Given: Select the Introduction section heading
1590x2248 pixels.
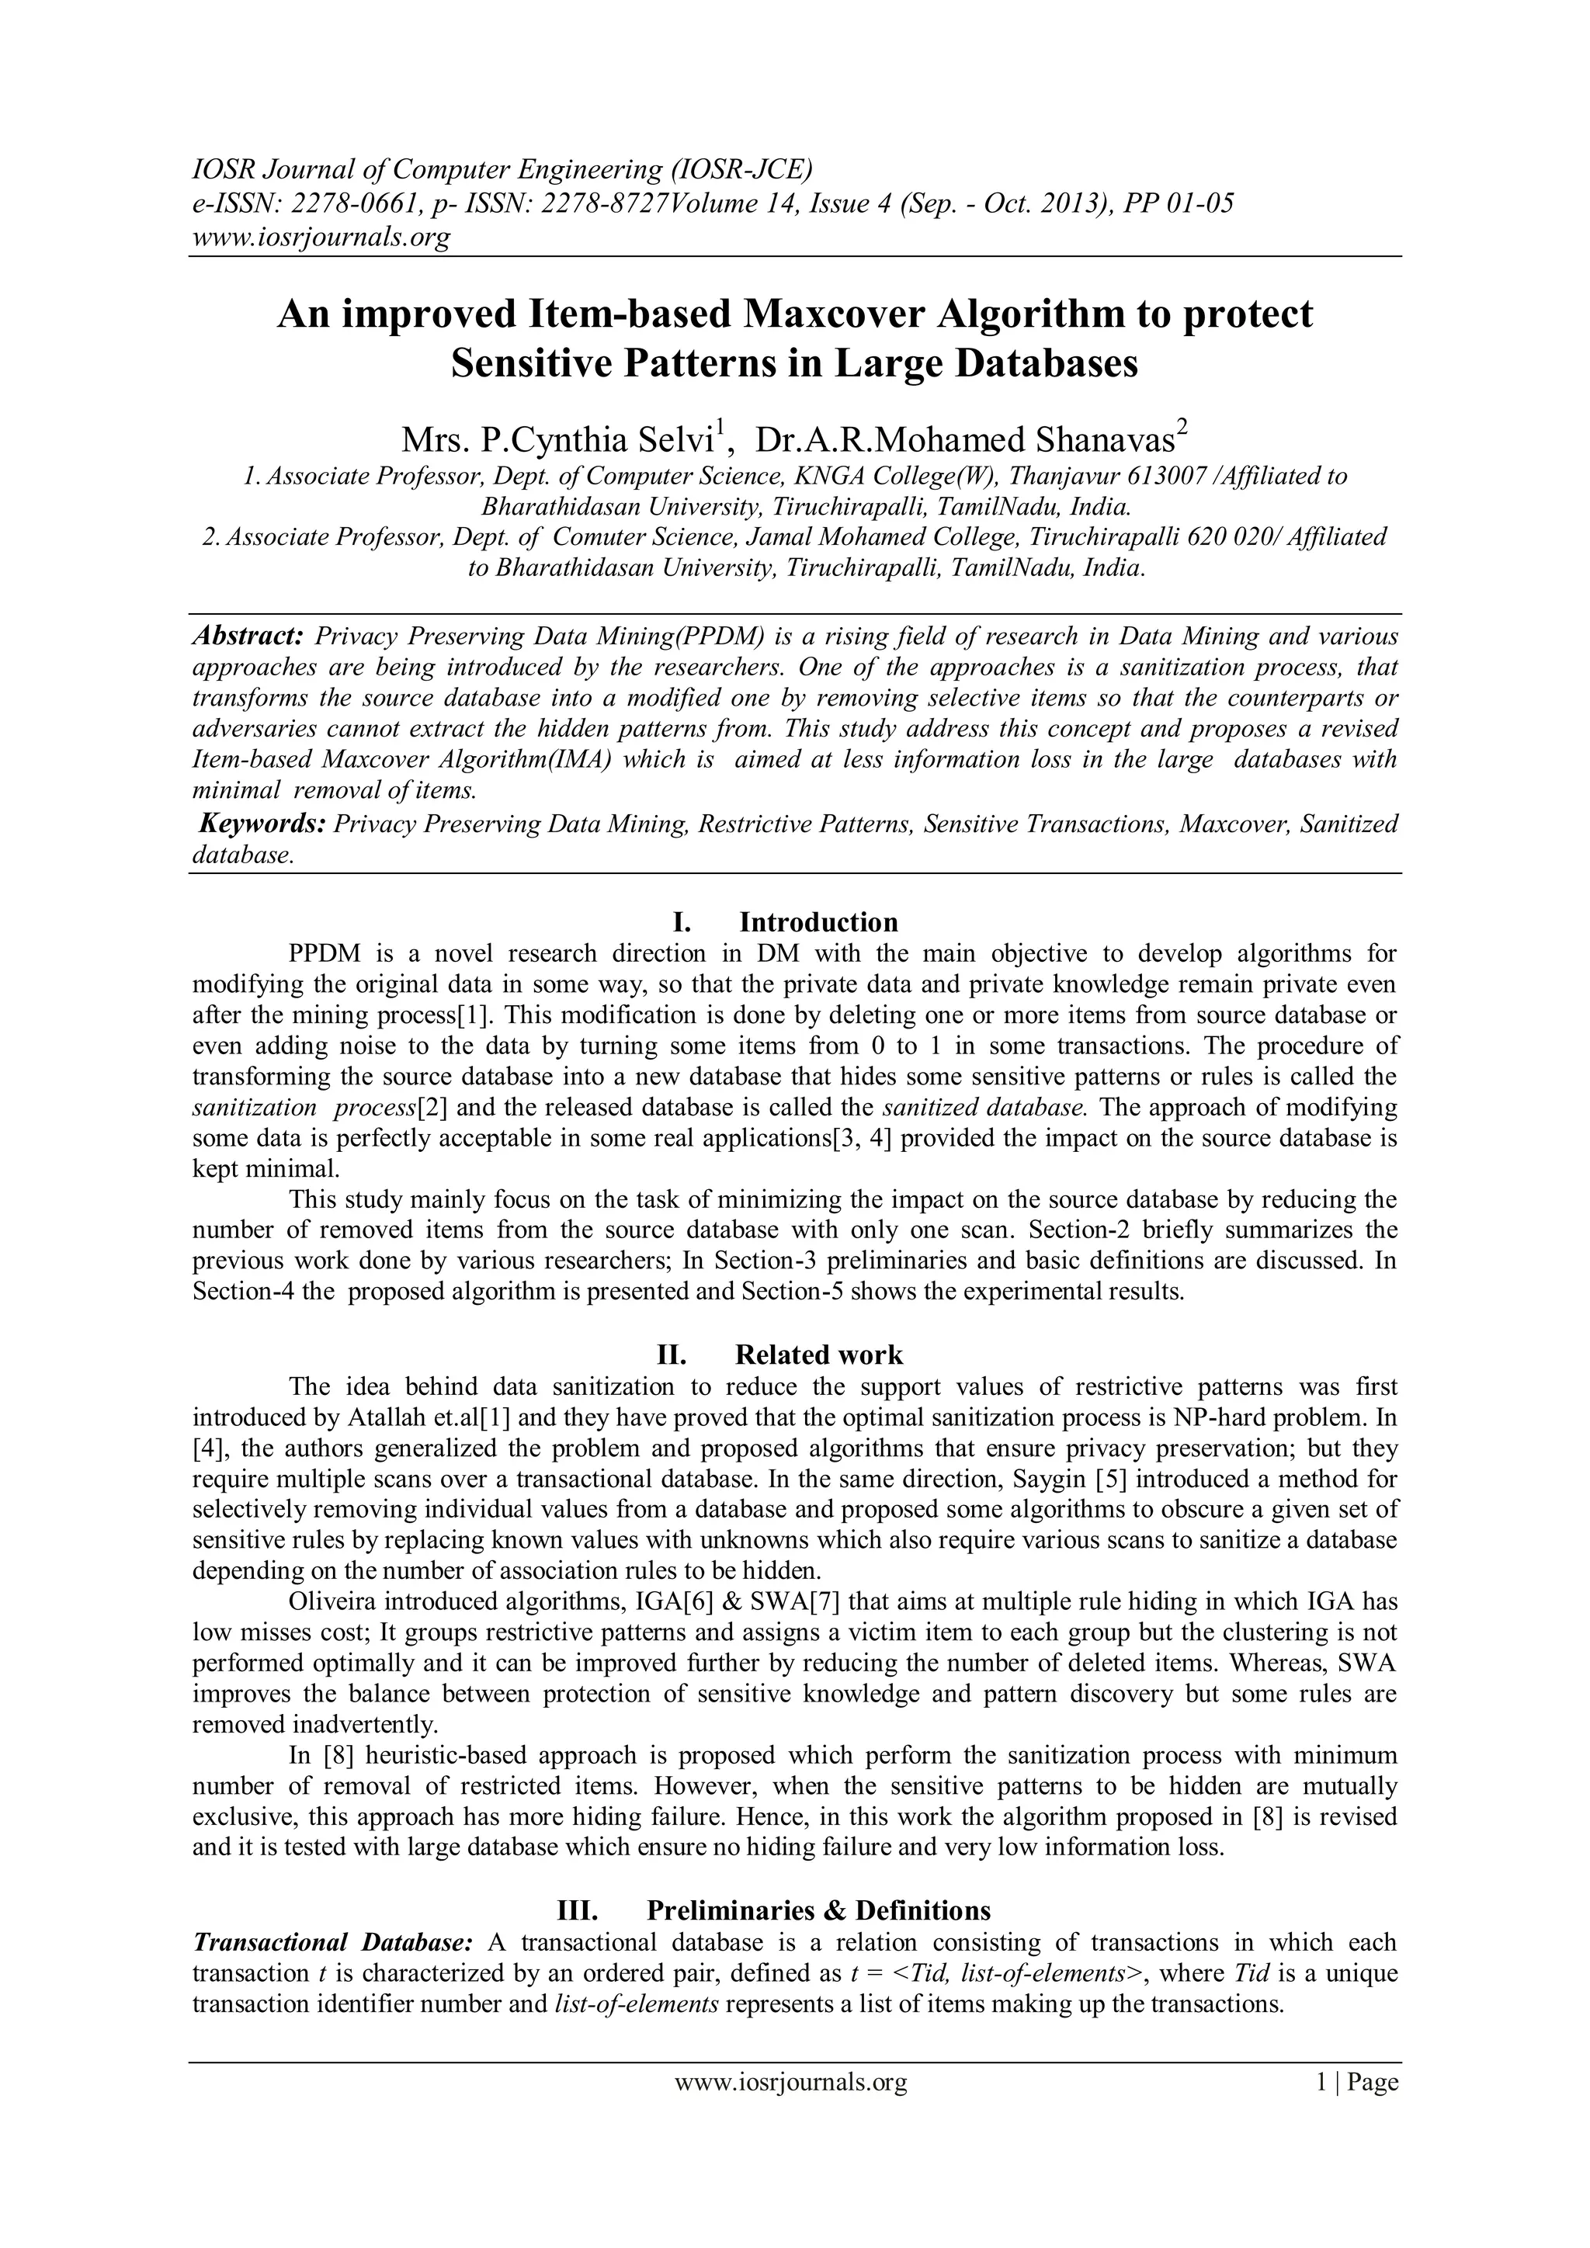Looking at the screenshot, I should point(818,922).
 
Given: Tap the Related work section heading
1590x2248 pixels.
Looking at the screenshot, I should point(818,1355).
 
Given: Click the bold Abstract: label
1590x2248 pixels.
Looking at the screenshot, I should point(248,637).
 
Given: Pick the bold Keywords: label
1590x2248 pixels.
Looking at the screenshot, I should point(262,824).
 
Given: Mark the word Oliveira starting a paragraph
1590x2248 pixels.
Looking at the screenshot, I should point(333,1603).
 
